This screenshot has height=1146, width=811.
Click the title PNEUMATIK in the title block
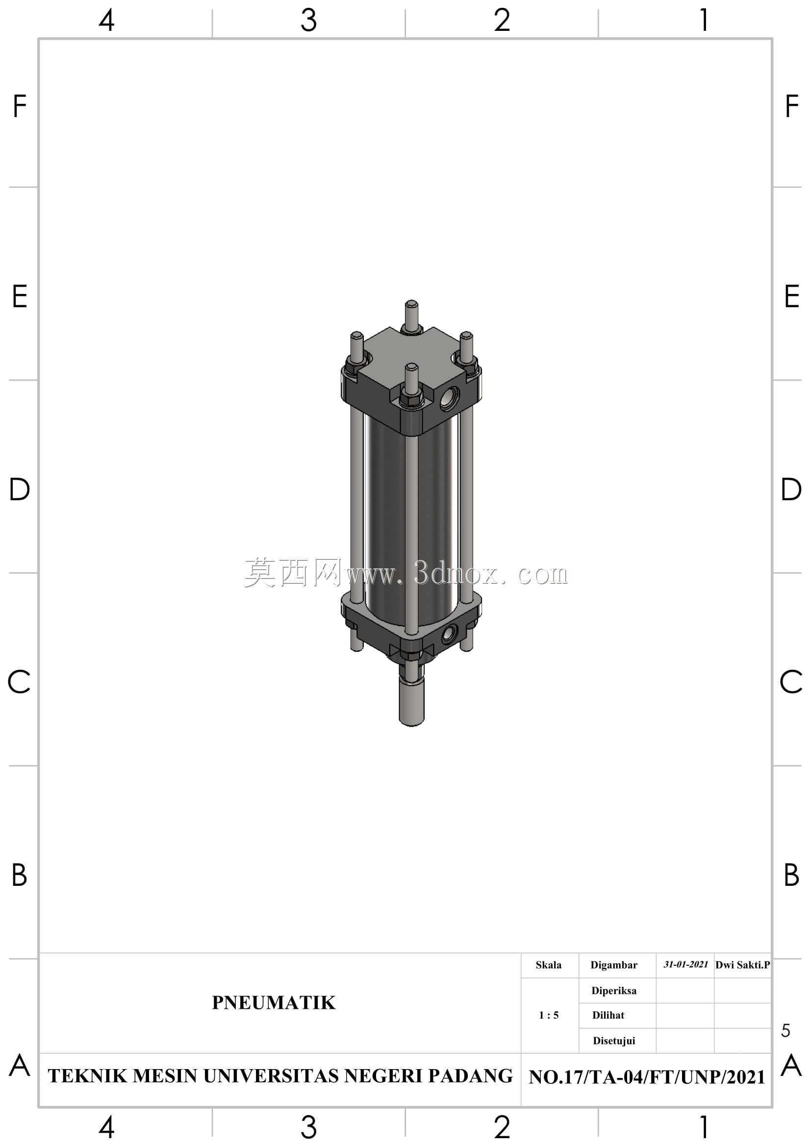coord(274,1003)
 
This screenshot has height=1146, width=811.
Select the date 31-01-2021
coord(685,964)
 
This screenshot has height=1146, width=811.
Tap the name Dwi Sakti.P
coord(742,965)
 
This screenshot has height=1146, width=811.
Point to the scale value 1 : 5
coord(549,1015)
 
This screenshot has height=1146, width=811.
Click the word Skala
coord(548,965)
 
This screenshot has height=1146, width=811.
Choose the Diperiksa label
coord(614,991)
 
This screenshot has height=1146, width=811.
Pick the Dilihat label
coord(608,1015)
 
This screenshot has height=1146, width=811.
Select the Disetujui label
coord(614,1041)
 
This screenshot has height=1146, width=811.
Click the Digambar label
coord(614,965)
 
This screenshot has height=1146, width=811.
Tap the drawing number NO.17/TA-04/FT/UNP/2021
coord(647,1077)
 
